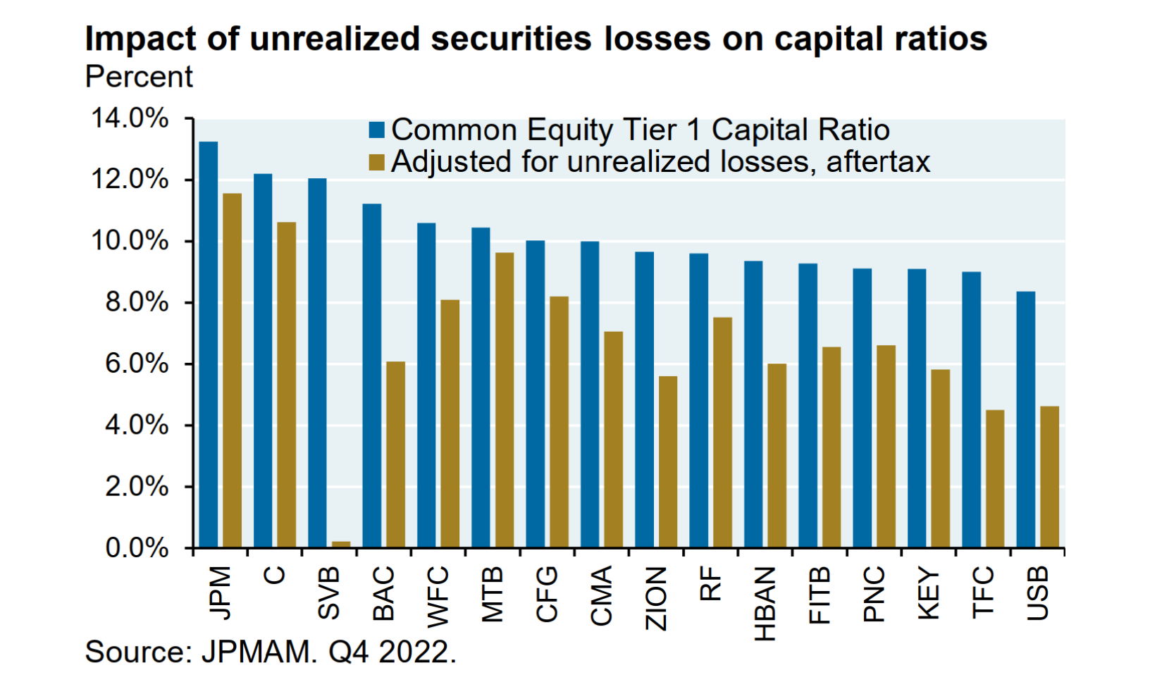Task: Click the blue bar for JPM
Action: (208, 344)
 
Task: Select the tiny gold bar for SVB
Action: (341, 544)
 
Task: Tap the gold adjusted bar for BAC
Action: (395, 454)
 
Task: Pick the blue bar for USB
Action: (1025, 419)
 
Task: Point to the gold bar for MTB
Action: (505, 400)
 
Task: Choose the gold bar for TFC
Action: (995, 478)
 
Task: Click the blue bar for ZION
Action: (644, 399)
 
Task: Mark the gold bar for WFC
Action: (450, 423)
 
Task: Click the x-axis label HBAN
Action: (765, 604)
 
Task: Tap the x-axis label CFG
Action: (547, 595)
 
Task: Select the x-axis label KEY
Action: (929, 593)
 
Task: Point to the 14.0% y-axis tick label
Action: (130, 118)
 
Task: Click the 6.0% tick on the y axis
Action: (137, 364)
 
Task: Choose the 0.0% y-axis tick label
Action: (137, 548)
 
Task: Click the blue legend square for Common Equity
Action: (377, 130)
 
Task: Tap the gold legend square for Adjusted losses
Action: (377, 163)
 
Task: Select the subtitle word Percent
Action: (139, 77)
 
